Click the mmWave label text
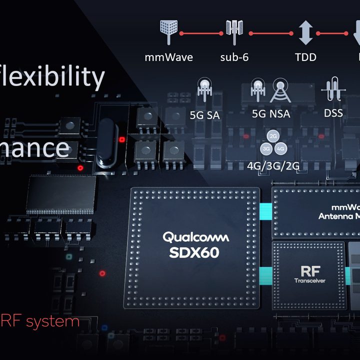click(168, 57)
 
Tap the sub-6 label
click(234, 57)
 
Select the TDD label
click(305, 57)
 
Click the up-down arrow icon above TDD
click(305, 33)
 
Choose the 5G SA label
click(205, 114)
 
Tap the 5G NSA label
click(270, 113)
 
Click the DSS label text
click(333, 113)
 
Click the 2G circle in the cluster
click(273, 136)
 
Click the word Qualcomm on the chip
click(195, 236)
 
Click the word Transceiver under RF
click(309, 281)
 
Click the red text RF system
click(40, 320)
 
